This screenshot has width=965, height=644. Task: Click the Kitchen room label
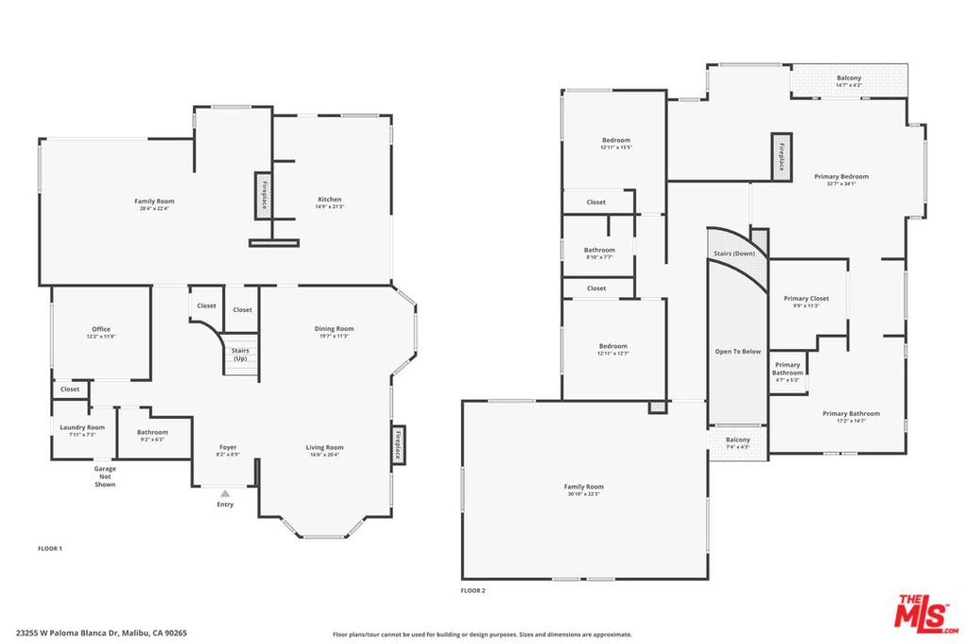pyautogui.click(x=330, y=200)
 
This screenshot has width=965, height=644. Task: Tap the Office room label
pyautogui.click(x=101, y=329)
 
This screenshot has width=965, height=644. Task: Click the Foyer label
pyautogui.click(x=228, y=447)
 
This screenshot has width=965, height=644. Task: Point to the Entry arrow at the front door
pyautogui.click(x=224, y=492)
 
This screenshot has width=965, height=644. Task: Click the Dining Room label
pyautogui.click(x=334, y=328)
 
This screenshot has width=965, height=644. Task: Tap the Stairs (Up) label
pyautogui.click(x=240, y=354)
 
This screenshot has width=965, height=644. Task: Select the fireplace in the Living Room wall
pyautogui.click(x=398, y=443)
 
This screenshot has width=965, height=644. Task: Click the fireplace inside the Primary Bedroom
pyautogui.click(x=781, y=156)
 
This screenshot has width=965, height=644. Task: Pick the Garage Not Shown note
pyautogui.click(x=105, y=476)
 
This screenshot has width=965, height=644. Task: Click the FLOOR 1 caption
pyautogui.click(x=49, y=548)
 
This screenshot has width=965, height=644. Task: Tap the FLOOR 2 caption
pyautogui.click(x=472, y=590)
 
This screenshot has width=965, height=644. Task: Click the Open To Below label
pyautogui.click(x=738, y=351)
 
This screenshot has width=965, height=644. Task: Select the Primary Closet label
pyautogui.click(x=806, y=299)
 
